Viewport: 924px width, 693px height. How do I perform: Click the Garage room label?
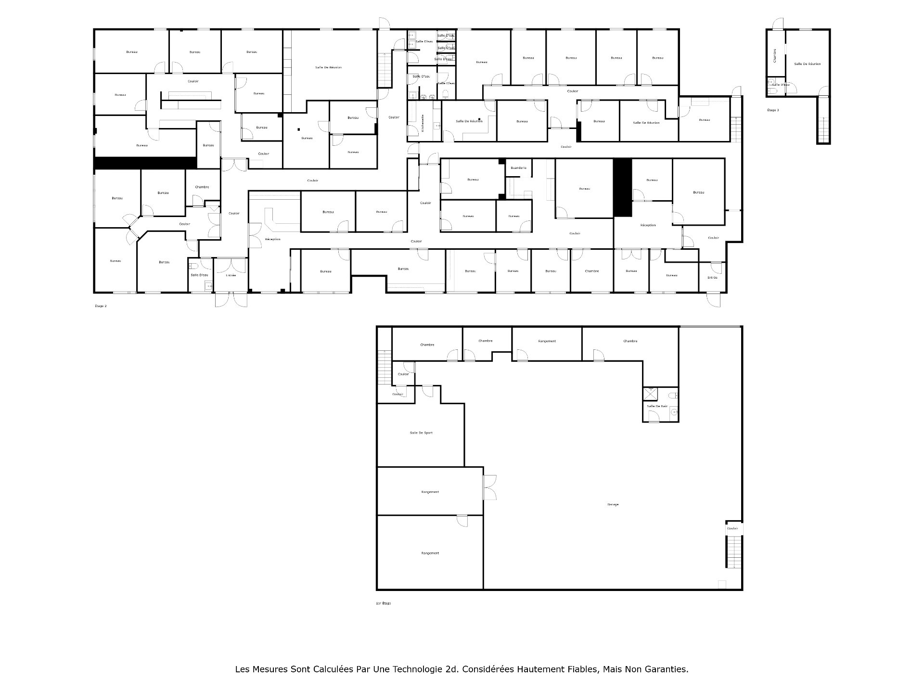coord(613,504)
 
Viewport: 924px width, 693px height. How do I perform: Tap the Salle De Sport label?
coord(421,433)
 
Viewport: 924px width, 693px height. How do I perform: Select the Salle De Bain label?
coord(657,406)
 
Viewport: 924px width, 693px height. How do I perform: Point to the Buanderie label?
coord(518,168)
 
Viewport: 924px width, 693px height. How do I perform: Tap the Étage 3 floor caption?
coord(773,110)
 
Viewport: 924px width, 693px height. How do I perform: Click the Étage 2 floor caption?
coord(101,306)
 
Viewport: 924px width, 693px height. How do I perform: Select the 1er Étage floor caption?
coord(383,603)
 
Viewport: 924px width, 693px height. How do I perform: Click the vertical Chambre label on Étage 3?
coord(774,55)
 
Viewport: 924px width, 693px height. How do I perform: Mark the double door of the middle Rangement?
coord(489,488)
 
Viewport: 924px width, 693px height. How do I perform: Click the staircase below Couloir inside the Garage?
coord(734,551)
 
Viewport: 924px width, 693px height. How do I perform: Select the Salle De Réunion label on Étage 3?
coord(807,64)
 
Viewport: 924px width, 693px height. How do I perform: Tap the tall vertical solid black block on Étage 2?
coord(622,188)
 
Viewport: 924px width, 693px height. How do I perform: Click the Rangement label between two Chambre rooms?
coord(547,341)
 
